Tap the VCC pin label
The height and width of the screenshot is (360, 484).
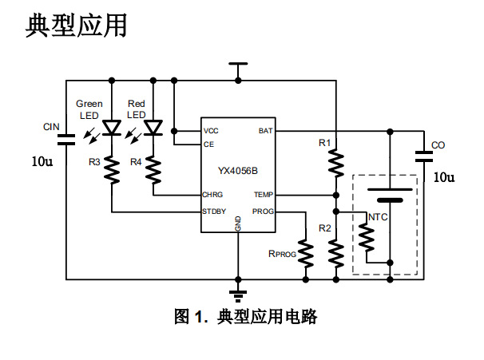coord(211,131)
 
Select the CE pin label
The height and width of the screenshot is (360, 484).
coord(209,144)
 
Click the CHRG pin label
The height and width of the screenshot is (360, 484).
coord(212,195)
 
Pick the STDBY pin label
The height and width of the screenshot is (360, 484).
coord(214,212)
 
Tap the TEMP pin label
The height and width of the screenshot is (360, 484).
coord(264,195)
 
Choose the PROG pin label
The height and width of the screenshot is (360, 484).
coord(263,212)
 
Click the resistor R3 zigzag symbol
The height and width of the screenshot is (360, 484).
coord(112,169)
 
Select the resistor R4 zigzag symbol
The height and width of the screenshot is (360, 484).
coord(153,169)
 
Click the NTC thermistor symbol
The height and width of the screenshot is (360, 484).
coord(367,237)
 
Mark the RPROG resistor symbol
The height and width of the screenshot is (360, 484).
coord(305,252)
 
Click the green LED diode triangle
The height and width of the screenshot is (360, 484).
coord(112,128)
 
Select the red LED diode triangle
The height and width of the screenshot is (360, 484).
coord(153,128)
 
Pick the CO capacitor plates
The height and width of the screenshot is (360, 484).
coord(423,156)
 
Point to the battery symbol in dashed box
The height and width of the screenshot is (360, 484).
coord(390,194)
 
